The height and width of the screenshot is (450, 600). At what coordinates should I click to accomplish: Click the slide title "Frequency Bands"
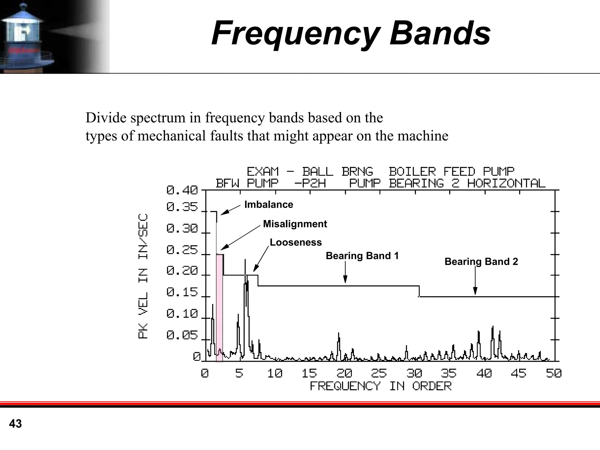click(x=351, y=33)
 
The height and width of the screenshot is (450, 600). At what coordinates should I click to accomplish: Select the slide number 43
click(x=15, y=424)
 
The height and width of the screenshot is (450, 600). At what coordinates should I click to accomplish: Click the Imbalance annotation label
click(x=269, y=204)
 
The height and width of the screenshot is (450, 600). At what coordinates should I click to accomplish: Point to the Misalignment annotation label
click(x=295, y=224)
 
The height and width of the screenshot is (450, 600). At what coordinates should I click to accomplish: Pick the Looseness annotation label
click(x=296, y=242)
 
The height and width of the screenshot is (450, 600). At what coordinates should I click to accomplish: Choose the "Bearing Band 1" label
click(x=362, y=256)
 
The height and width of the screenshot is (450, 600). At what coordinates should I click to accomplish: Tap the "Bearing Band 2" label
click(x=481, y=261)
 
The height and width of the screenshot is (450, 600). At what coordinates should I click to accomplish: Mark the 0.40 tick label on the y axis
click(x=182, y=190)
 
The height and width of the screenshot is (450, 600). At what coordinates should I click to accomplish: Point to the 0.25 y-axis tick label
click(x=182, y=250)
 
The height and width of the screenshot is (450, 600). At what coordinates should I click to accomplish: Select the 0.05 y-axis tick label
click(x=182, y=335)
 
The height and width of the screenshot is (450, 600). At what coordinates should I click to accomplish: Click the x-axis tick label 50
click(x=553, y=373)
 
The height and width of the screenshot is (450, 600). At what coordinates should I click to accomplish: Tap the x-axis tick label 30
click(x=414, y=373)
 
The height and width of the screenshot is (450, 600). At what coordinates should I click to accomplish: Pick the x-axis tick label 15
click(x=309, y=373)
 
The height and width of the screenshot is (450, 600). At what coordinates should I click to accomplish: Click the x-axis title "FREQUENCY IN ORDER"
click(x=381, y=386)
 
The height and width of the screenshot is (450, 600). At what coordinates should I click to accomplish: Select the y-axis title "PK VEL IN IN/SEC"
click(x=143, y=276)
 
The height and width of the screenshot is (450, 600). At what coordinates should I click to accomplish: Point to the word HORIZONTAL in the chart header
click(x=506, y=183)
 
